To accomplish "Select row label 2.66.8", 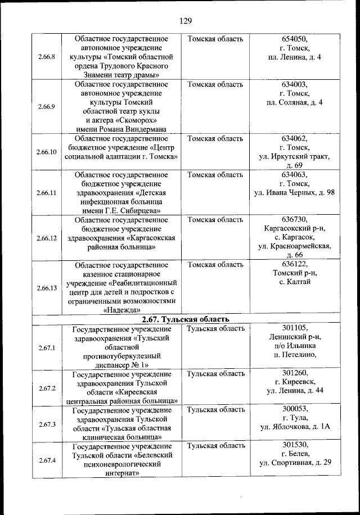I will [47, 57].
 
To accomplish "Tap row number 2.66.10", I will [47, 152].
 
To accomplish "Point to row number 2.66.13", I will [47, 288].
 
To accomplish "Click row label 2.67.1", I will [47, 347].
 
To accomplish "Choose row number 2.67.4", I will [47, 460].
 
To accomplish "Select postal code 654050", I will [294, 39].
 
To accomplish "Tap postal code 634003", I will [294, 84].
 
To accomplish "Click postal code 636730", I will [294, 219].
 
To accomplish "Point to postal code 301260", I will [294, 373].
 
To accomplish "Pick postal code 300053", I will [294, 409].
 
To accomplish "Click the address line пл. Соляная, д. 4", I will [294, 102].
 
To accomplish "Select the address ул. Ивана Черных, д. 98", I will [294, 193].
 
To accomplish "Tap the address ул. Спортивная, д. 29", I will [294, 463].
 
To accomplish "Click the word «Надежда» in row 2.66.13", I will [122, 309].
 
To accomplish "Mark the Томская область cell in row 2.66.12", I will [215, 219].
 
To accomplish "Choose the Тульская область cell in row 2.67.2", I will [215, 373].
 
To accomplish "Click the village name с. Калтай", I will [294, 282].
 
